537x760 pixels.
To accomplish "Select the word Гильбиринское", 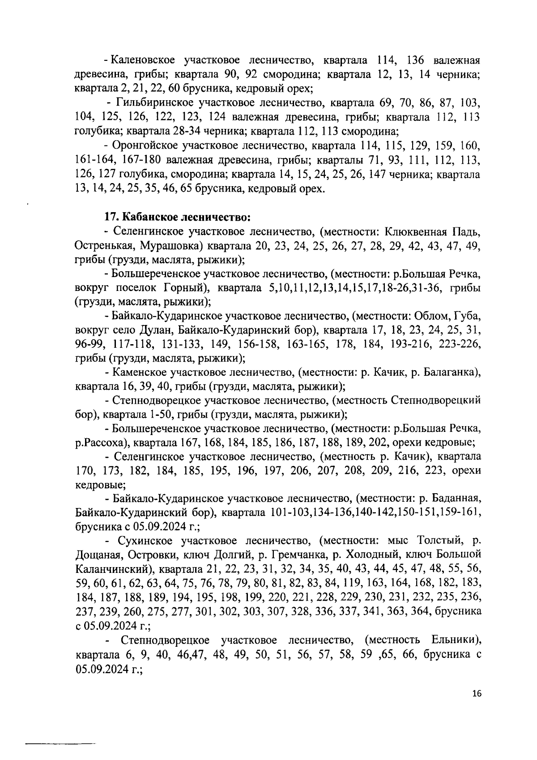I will [x=159, y=104].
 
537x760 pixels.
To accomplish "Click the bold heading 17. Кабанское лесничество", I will [x=177, y=217].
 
